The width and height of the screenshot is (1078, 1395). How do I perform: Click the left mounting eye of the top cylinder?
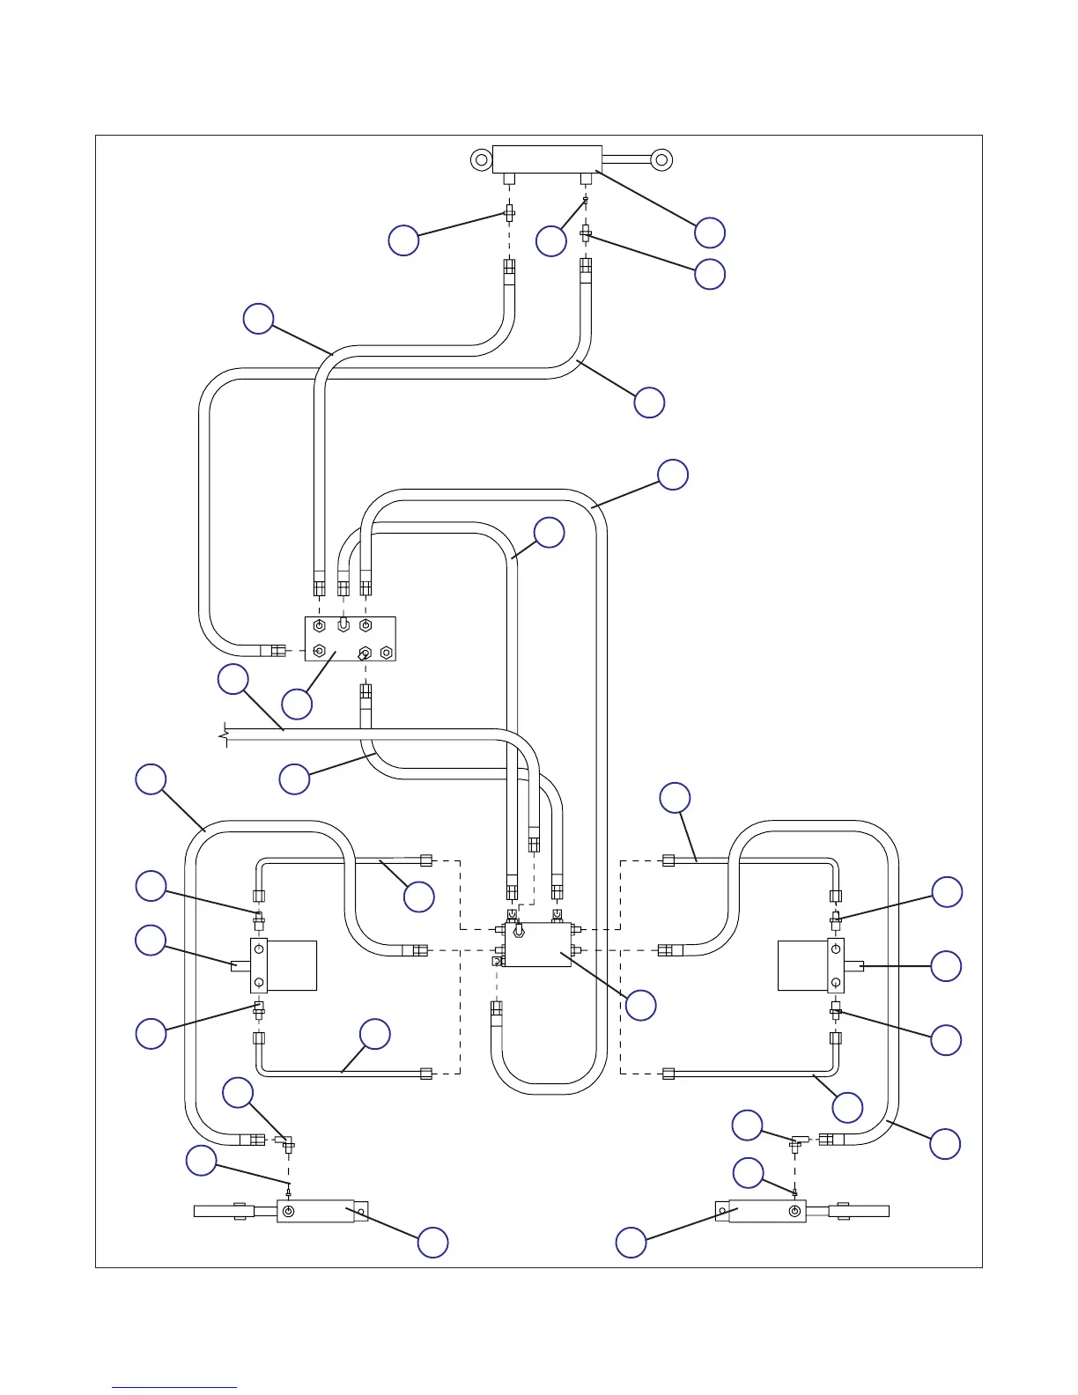click(481, 160)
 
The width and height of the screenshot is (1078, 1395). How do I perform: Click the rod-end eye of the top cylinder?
click(661, 159)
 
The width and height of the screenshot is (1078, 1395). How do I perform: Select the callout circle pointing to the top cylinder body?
click(710, 232)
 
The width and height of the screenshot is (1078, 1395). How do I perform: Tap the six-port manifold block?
click(350, 638)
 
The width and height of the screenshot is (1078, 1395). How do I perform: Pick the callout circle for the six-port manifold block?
click(297, 704)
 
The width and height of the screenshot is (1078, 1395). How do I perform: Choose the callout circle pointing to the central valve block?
click(640, 1005)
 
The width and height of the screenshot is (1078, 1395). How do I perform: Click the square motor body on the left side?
click(291, 965)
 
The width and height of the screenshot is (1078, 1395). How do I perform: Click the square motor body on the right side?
click(802, 965)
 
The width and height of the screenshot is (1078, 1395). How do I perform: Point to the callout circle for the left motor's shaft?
click(151, 941)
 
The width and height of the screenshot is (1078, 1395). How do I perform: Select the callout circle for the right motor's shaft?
click(947, 966)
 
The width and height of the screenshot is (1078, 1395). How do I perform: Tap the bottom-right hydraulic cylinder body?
click(761, 1211)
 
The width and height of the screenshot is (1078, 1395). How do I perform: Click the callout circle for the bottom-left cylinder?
click(432, 1242)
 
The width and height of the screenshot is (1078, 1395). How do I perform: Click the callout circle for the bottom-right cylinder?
click(631, 1242)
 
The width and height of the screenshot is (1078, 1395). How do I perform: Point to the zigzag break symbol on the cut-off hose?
click(225, 734)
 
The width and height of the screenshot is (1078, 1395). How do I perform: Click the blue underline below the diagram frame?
click(174, 1388)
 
